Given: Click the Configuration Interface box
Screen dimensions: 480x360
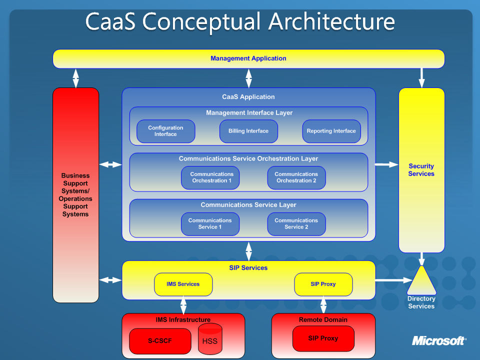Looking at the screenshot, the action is (x=165, y=131).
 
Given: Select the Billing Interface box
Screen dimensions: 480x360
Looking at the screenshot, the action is (x=248, y=131).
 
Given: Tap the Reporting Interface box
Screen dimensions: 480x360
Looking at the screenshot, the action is (x=331, y=131).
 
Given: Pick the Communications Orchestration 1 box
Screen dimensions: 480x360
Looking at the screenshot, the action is (x=210, y=177).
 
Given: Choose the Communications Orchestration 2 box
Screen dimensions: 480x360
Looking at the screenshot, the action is (x=296, y=177).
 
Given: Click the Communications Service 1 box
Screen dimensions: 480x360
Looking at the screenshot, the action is (x=210, y=224).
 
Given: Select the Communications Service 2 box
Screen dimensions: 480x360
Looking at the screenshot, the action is (x=296, y=224).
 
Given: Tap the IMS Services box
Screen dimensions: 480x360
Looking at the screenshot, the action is (x=183, y=284).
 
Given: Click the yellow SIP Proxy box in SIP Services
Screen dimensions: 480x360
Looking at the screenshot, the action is (x=323, y=284).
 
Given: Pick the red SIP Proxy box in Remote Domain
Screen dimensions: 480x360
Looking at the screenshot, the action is (x=323, y=338).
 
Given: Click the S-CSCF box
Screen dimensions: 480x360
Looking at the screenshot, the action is (x=160, y=341).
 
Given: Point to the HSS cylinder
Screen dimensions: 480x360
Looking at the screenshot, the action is (x=210, y=339).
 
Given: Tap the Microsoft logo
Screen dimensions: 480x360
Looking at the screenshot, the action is (x=439, y=340).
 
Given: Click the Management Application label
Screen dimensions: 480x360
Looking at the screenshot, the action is (x=248, y=58).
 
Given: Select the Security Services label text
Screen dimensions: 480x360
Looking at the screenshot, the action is (x=421, y=170).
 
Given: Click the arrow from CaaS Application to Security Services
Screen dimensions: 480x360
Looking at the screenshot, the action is (x=386, y=164).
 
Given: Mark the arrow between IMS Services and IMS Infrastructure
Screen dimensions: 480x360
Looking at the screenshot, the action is (x=183, y=305).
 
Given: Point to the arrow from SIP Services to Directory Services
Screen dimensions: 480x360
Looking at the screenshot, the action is (x=393, y=280).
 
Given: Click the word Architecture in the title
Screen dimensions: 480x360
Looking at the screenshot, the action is (x=331, y=21).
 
